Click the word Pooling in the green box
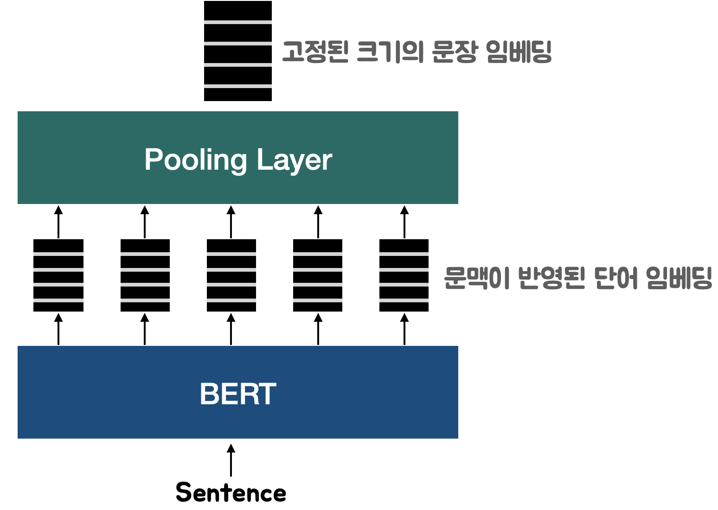pos(195,160)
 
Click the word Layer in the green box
pos(294,160)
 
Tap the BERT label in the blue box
pos(238,394)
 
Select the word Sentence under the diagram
pos(231,492)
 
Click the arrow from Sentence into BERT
pos(231,460)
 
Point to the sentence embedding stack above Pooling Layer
pos(238,51)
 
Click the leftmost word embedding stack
pos(58,275)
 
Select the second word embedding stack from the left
pos(145,275)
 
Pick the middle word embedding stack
pos(231,275)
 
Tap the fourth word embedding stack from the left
pos(318,275)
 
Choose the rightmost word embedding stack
pos(404,275)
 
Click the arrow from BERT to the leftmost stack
pos(58,329)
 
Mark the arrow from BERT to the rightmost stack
pos(404,329)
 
